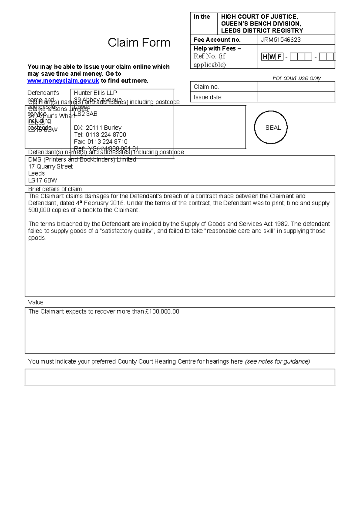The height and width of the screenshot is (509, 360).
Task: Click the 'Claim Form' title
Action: tap(139, 43)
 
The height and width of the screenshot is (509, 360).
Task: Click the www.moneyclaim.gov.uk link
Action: tap(63, 81)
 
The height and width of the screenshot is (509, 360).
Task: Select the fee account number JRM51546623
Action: tap(280, 40)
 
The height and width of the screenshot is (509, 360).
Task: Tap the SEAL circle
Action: tap(271, 127)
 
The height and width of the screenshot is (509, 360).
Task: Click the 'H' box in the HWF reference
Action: tap(265, 57)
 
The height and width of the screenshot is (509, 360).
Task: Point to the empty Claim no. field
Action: tap(296, 87)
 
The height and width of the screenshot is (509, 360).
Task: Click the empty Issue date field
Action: tap(296, 97)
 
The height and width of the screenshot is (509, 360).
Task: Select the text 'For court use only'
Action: tap(296, 78)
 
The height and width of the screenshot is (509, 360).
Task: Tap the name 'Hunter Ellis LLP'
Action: tap(95, 93)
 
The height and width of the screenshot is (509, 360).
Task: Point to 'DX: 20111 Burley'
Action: tap(97, 128)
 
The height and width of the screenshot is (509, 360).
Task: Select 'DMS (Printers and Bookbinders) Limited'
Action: tap(82, 159)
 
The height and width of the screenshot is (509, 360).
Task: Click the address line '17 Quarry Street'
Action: tap(50, 166)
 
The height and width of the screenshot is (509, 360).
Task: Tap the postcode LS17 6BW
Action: tap(42, 180)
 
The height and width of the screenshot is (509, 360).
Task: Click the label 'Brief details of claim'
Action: tap(55, 189)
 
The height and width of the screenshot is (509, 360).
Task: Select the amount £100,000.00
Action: tap(162, 312)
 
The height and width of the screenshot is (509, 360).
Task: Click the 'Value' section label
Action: tap(36, 302)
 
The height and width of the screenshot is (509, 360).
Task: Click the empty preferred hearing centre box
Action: tap(180, 377)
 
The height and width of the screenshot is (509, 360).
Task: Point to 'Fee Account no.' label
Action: tap(217, 40)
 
